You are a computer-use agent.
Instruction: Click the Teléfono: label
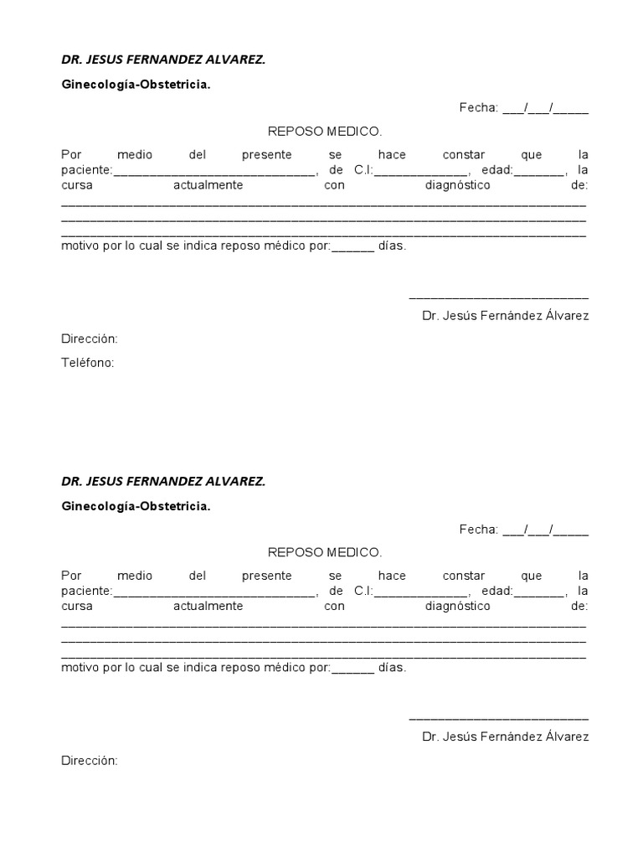(87, 363)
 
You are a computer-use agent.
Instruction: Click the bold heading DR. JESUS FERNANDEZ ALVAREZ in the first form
(163, 60)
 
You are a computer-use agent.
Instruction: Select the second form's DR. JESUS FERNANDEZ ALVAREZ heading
(163, 482)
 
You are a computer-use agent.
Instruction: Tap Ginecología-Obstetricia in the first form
(136, 85)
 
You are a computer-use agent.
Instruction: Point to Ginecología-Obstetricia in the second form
(136, 506)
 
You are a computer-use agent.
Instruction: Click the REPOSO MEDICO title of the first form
(324, 132)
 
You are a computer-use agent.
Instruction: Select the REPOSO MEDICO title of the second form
(324, 552)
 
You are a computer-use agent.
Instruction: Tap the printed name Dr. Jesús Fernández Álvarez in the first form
(505, 316)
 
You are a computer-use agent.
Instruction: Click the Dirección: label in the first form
(90, 339)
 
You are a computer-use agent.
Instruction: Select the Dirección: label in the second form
(90, 761)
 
